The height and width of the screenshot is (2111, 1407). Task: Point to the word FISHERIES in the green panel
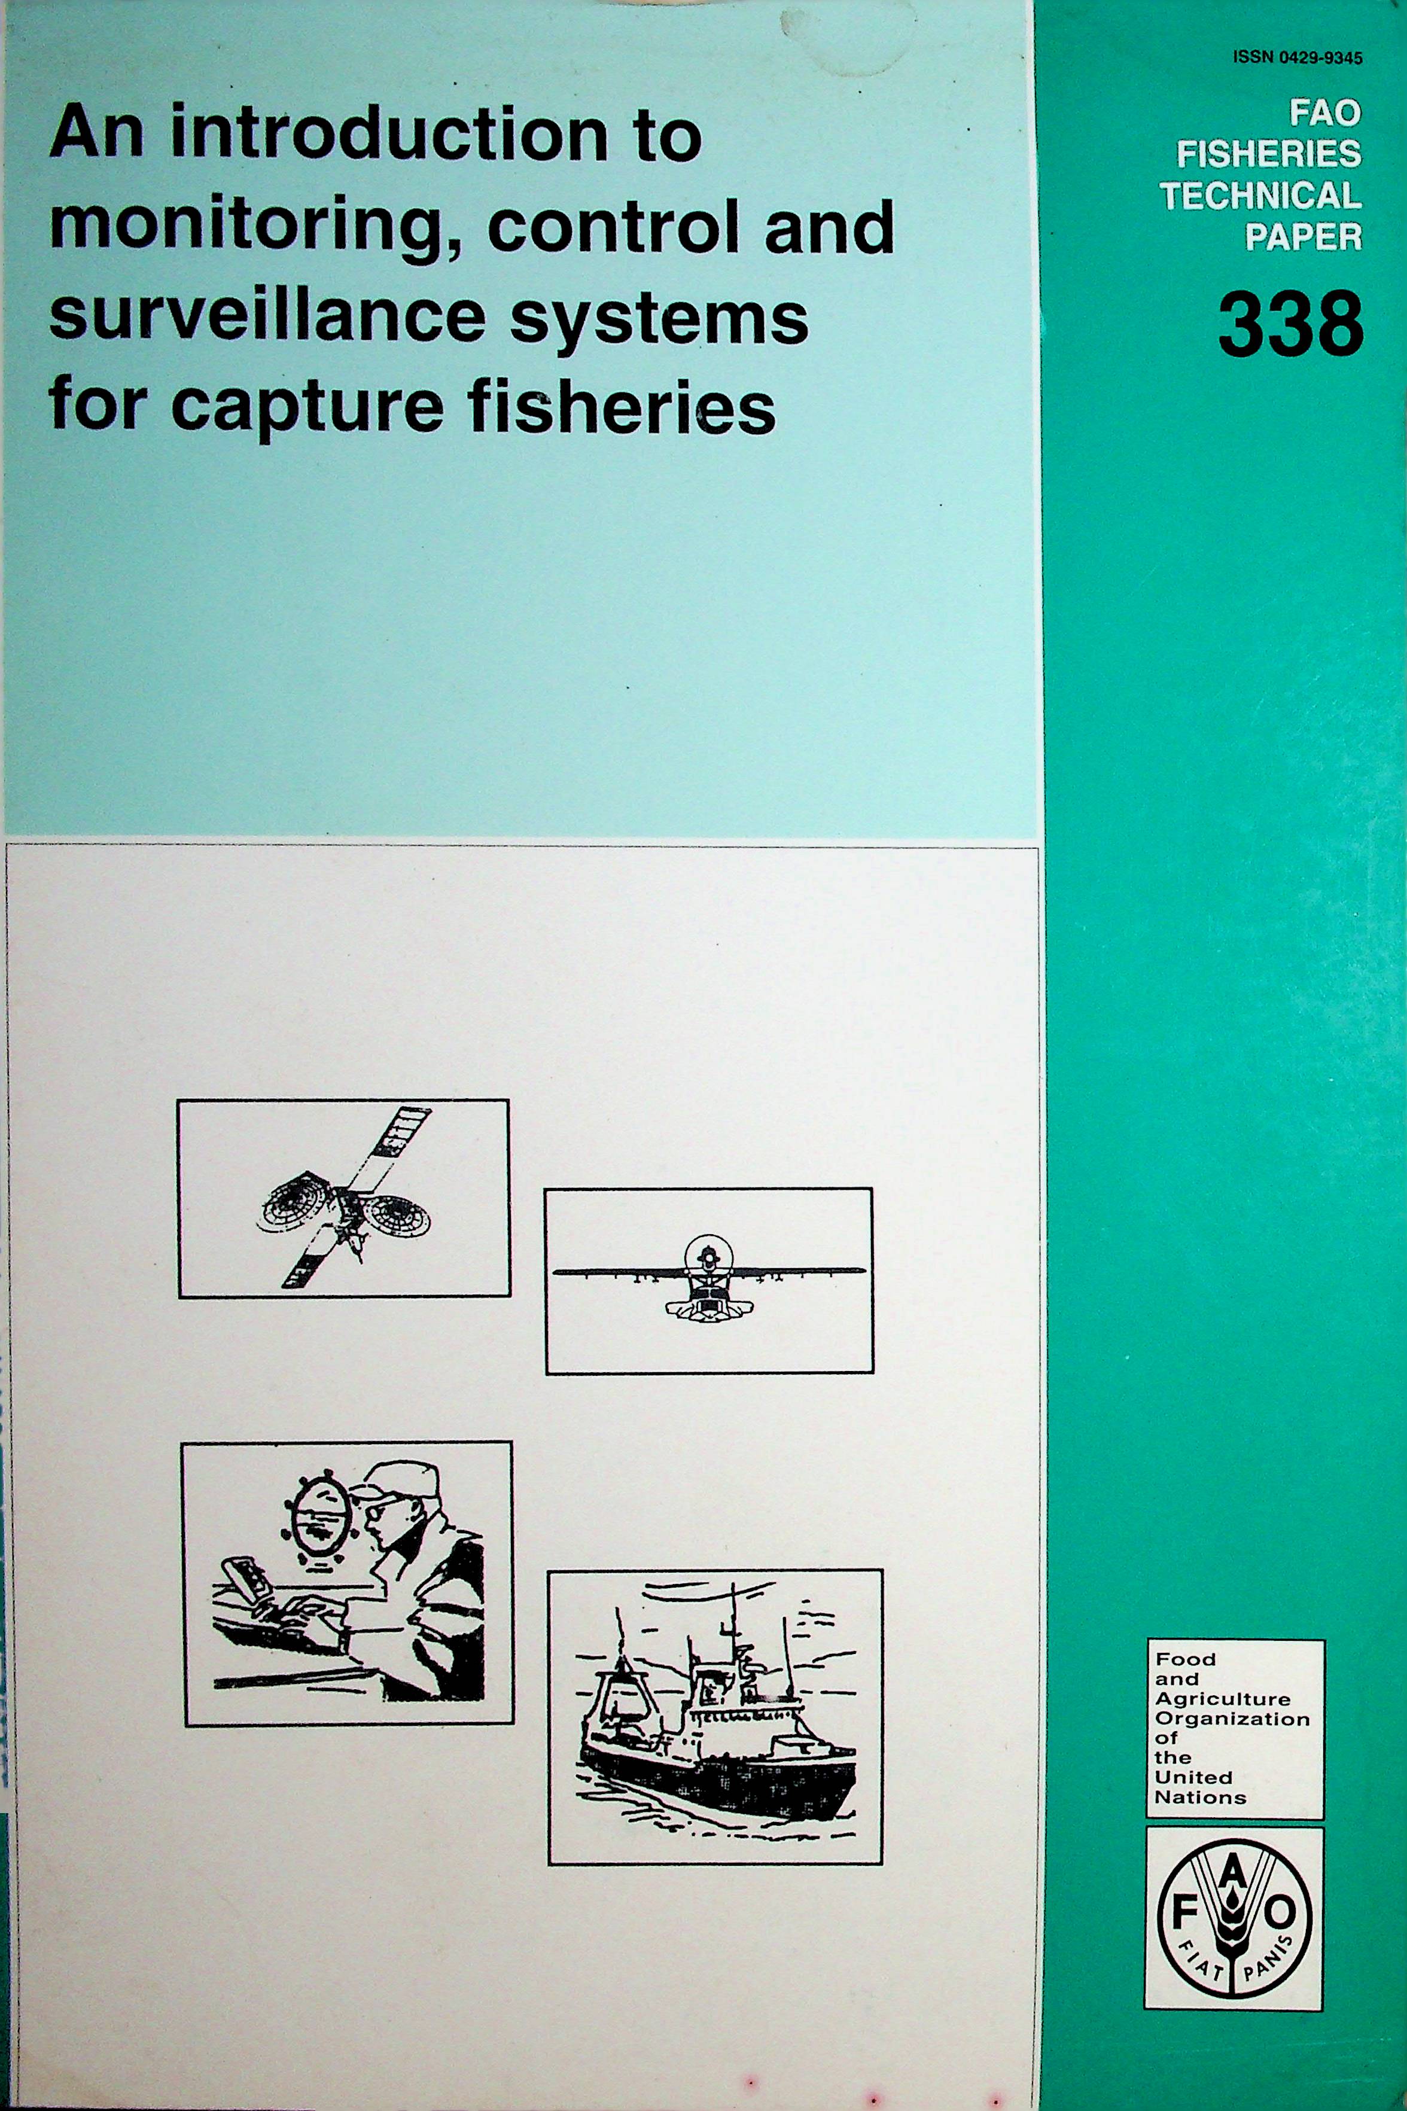pyautogui.click(x=1269, y=154)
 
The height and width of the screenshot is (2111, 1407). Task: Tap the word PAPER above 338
pyautogui.click(x=1303, y=237)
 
